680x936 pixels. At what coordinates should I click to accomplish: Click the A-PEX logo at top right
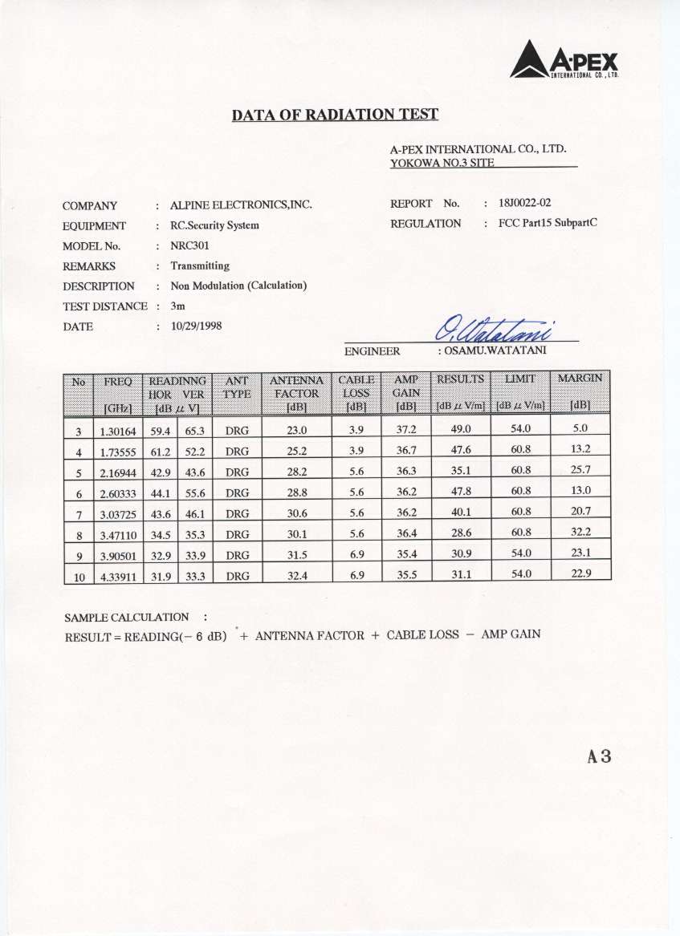pyautogui.click(x=567, y=60)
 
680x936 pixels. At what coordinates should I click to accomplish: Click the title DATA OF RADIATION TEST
pyautogui.click(x=335, y=114)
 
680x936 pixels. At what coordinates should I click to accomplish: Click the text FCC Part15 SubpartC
pyautogui.click(x=548, y=224)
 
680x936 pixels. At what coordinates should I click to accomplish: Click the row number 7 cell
pyautogui.click(x=79, y=512)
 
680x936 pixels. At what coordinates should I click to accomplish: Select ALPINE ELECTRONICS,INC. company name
pyautogui.click(x=241, y=205)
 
